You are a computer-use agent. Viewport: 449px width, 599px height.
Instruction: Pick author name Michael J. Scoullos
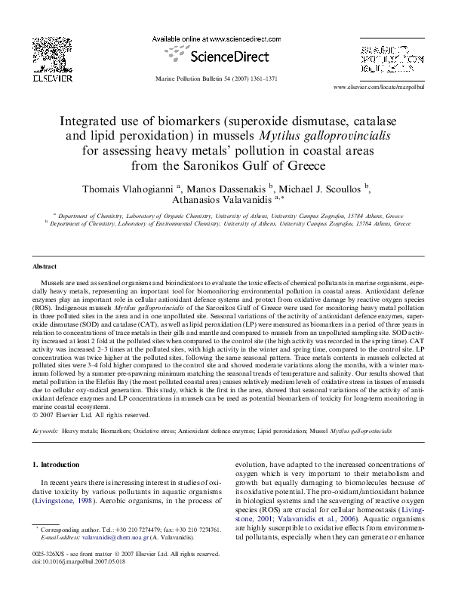point(322,186)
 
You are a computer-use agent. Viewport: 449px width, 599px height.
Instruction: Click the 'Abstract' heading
point(45,268)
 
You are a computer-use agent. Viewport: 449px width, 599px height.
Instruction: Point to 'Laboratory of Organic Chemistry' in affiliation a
point(149,214)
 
